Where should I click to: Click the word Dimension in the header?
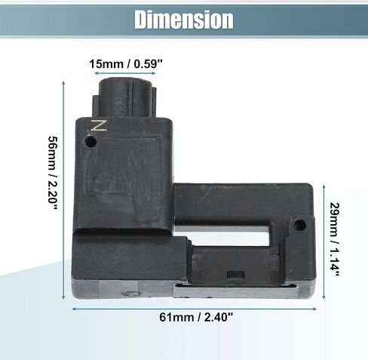(x=184, y=20)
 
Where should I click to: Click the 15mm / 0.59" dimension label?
(x=126, y=64)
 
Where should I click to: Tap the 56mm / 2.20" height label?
(x=54, y=173)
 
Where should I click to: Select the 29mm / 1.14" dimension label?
(x=335, y=239)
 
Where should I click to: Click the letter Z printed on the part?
(x=99, y=125)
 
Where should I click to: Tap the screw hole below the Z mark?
(x=90, y=142)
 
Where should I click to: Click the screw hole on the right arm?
(x=300, y=225)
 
